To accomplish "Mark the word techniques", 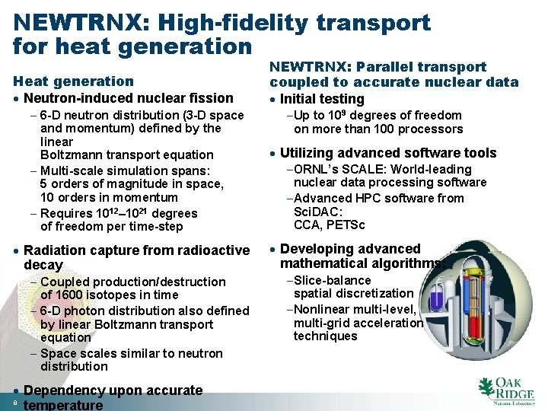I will (325, 336).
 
